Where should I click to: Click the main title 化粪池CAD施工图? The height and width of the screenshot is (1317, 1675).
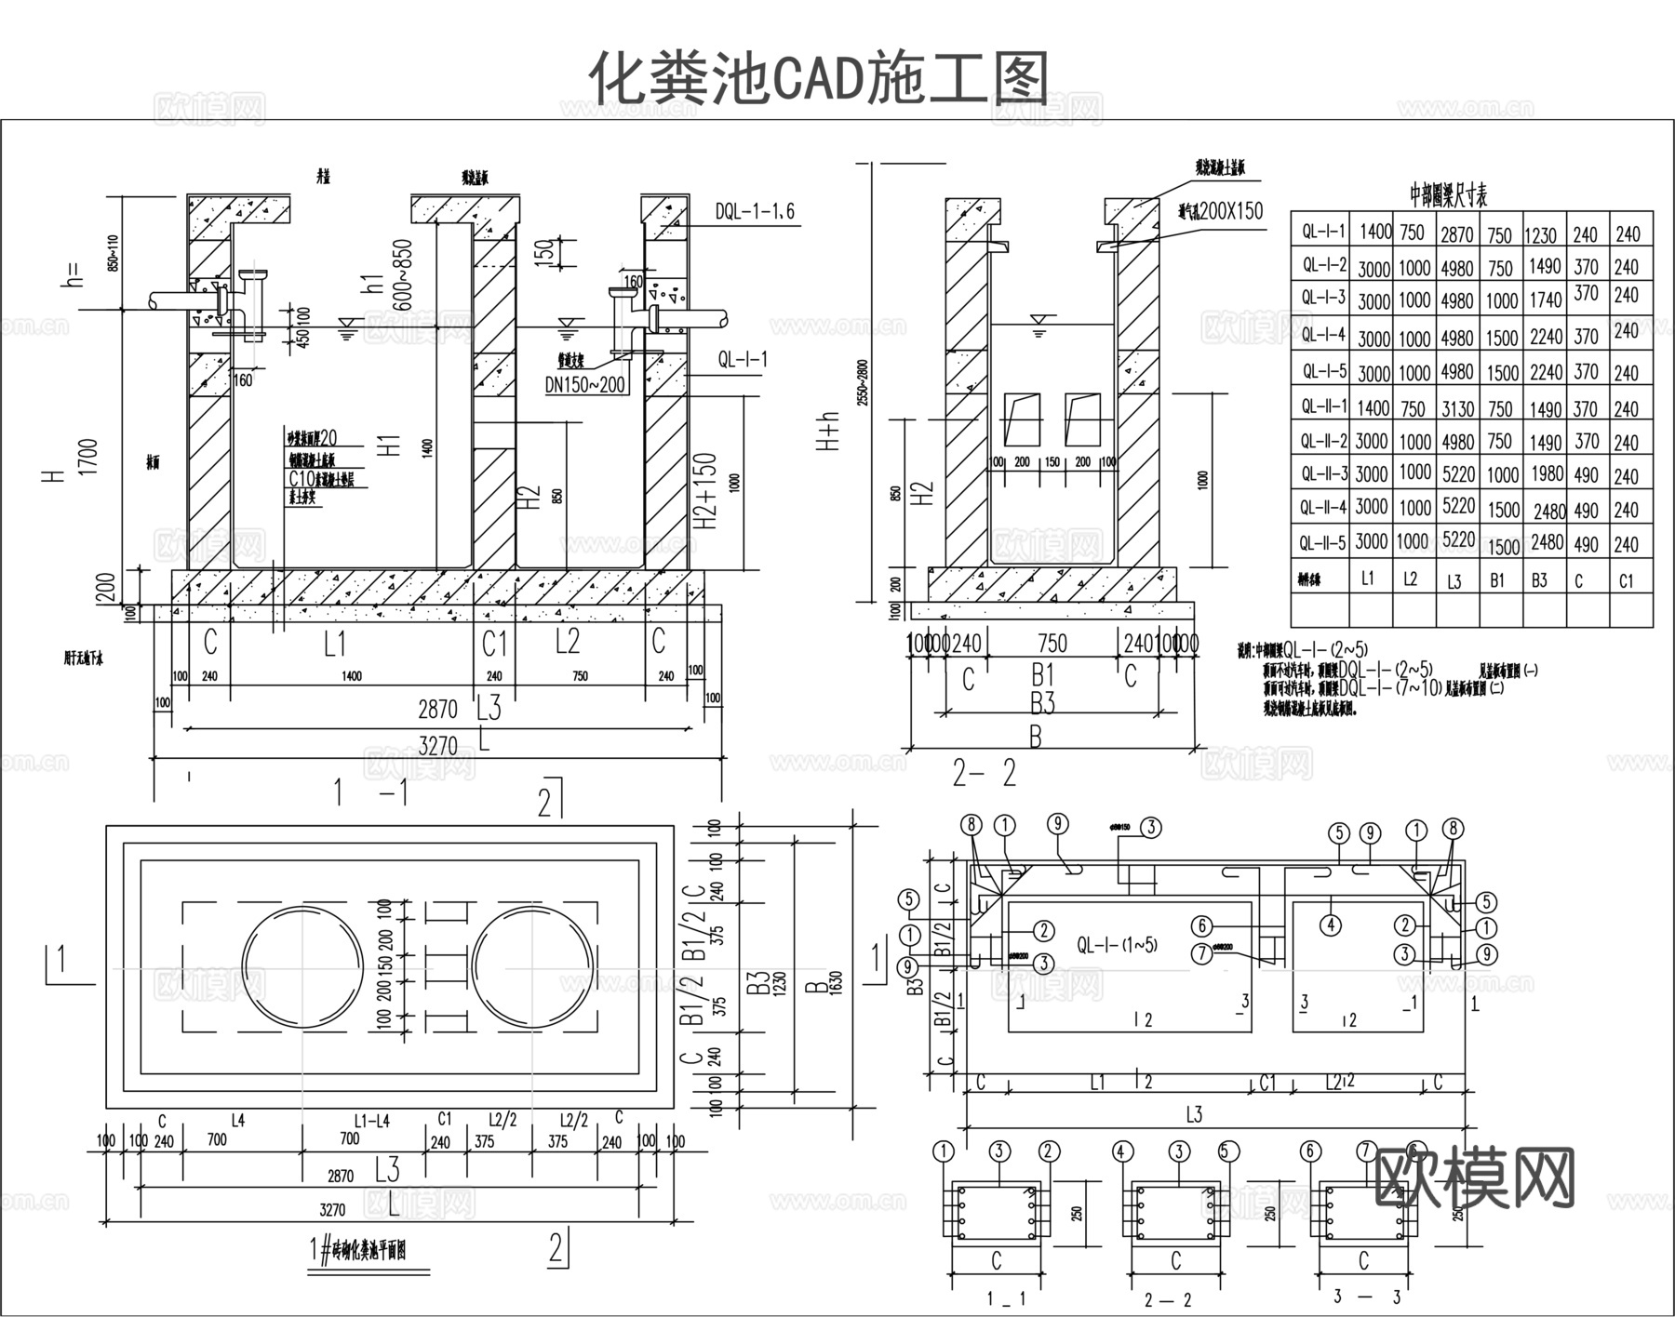click(819, 76)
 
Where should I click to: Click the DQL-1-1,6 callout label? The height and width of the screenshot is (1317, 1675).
click(755, 212)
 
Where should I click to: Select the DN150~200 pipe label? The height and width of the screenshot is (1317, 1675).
click(585, 384)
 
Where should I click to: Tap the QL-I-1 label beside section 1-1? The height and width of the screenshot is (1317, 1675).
click(742, 359)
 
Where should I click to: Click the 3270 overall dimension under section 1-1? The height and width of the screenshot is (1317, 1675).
click(437, 745)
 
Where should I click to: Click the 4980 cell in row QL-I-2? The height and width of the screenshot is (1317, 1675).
click(1457, 268)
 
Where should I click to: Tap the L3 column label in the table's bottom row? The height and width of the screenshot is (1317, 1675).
click(1454, 581)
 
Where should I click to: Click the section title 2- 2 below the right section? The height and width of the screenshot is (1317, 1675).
click(984, 773)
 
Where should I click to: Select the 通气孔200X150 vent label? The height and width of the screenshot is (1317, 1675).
click(1219, 212)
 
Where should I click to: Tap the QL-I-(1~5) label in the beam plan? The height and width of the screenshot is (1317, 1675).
click(1117, 945)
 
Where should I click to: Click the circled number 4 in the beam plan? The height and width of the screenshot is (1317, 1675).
click(1332, 925)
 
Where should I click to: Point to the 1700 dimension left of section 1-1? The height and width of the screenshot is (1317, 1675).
click(88, 457)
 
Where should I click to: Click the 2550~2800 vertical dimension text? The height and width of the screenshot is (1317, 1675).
click(863, 381)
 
